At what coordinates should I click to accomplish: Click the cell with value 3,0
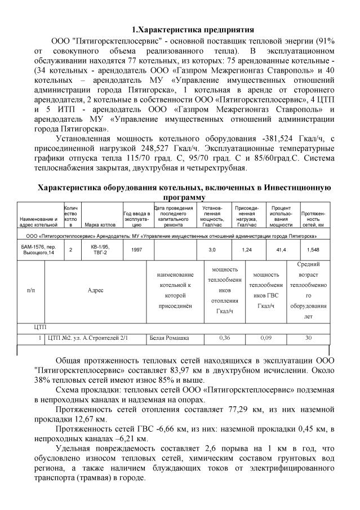coord(212,249)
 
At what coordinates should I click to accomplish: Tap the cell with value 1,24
coord(246,249)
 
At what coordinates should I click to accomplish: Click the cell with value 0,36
coord(224,338)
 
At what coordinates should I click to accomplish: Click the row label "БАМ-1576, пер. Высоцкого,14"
coord(38,249)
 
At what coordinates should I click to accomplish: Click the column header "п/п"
coord(30,290)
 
